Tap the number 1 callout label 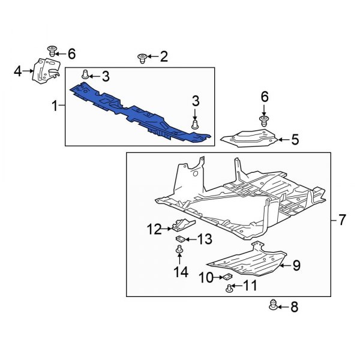[x=55, y=106]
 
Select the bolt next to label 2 [x=143, y=58]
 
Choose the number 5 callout [x=295, y=140]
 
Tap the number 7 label [x=341, y=220]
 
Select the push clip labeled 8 [x=275, y=307]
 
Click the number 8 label [x=294, y=308]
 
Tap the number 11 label [x=250, y=286]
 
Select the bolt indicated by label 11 [x=229, y=289]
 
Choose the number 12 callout [x=155, y=228]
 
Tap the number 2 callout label [x=163, y=57]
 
